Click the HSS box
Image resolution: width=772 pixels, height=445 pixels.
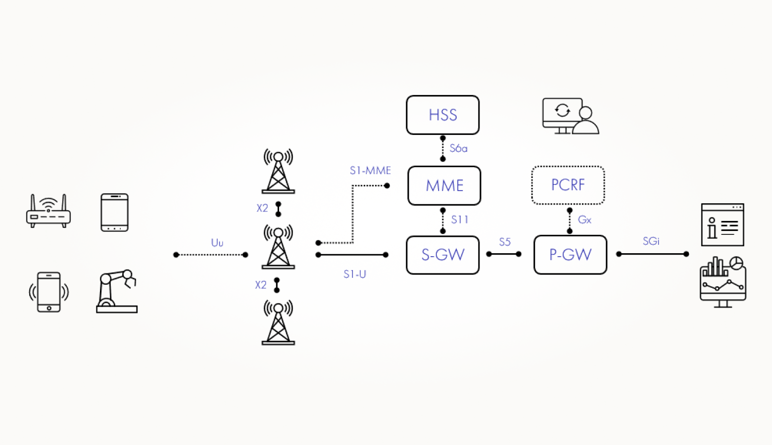click(x=442, y=115)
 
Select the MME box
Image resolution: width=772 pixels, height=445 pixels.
click(x=444, y=185)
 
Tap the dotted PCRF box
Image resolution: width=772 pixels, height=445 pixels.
click(x=568, y=185)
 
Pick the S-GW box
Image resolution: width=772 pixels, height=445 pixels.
click(x=442, y=255)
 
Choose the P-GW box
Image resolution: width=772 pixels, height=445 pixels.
click(x=570, y=255)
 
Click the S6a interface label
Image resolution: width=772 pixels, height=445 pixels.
click(x=458, y=148)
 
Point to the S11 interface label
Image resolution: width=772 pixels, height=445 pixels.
click(x=459, y=220)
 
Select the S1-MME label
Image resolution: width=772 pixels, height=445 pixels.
click(x=370, y=171)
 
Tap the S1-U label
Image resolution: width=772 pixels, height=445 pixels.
click(x=355, y=274)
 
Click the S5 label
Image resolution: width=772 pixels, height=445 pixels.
click(x=504, y=242)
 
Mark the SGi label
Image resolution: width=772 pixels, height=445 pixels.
click(x=651, y=241)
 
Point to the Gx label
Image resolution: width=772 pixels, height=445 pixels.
click(x=584, y=220)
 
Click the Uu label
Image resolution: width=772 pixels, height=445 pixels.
click(x=217, y=243)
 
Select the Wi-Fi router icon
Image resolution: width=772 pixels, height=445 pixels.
click(x=48, y=211)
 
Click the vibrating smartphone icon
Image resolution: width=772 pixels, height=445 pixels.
click(x=48, y=292)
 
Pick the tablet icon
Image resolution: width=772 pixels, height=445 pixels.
click(x=114, y=212)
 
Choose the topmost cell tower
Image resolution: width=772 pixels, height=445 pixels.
click(x=278, y=171)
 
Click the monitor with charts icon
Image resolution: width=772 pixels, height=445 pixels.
click(x=723, y=282)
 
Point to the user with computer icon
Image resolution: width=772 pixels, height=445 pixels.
click(x=570, y=116)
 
